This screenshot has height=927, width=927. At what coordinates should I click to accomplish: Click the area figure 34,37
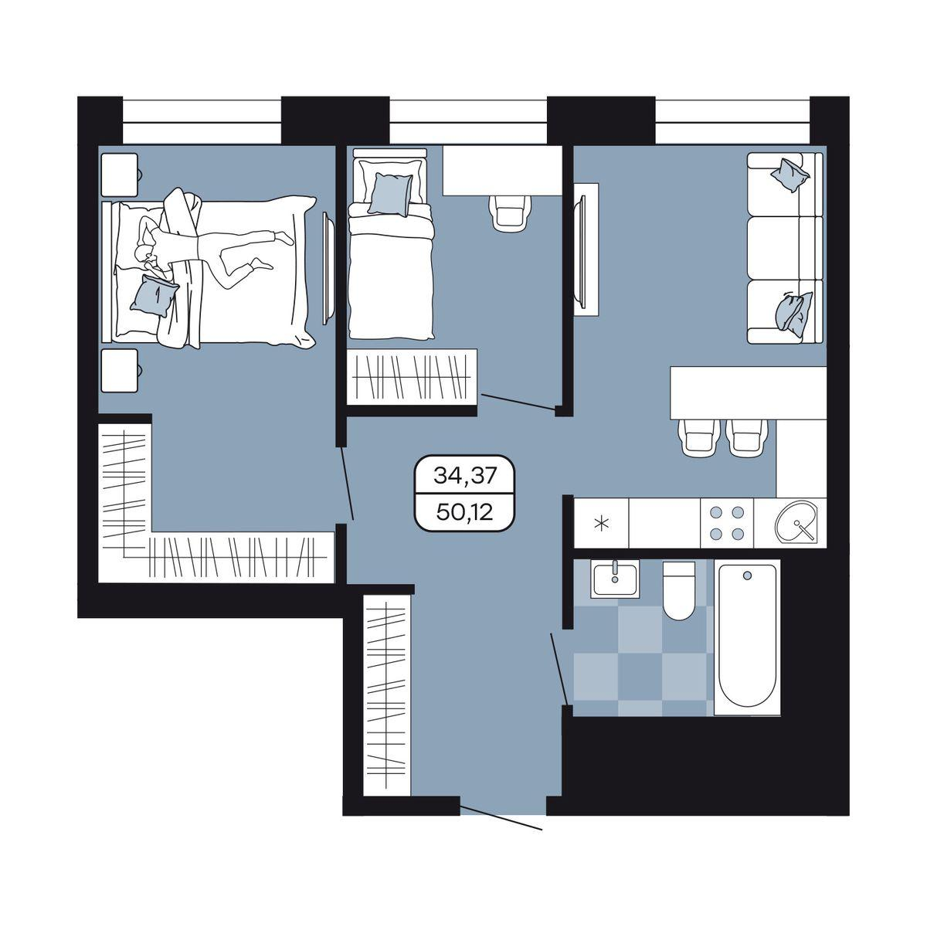(x=464, y=476)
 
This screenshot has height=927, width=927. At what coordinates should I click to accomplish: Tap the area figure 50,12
(x=464, y=513)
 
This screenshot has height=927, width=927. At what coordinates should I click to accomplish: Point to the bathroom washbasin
(x=615, y=579)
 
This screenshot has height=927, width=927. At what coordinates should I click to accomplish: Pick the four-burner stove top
(x=727, y=522)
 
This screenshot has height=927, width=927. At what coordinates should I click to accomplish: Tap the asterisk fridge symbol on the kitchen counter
(x=601, y=523)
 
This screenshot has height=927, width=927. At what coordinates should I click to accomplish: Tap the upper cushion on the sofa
(x=789, y=175)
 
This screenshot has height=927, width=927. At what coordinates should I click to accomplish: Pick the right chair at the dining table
(x=748, y=436)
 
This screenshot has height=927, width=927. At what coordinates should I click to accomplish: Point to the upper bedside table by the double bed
(x=120, y=174)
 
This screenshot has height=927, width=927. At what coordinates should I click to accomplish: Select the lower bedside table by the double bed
(x=120, y=371)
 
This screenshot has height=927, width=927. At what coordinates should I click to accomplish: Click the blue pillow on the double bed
(x=154, y=296)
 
